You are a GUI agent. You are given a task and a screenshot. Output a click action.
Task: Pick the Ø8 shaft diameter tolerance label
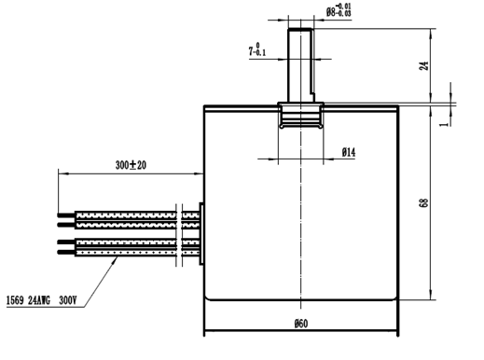pyautogui.click(x=338, y=12)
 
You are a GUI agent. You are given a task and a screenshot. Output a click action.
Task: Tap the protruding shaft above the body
pyautogui.click(x=300, y=65)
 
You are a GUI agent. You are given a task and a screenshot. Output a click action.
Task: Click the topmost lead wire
pyautogui.click(x=131, y=214)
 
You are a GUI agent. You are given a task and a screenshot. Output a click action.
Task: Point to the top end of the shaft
pyautogui.click(x=300, y=32)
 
